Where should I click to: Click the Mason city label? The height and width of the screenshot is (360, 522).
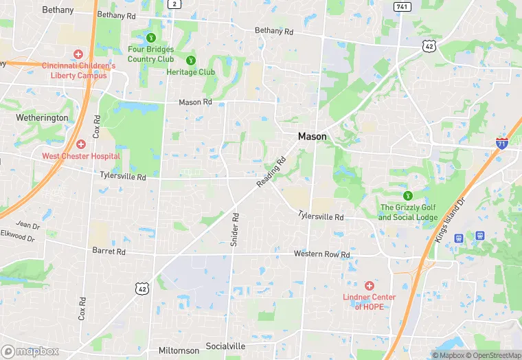tap(312, 137)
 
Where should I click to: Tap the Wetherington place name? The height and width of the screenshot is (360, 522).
tap(42, 117)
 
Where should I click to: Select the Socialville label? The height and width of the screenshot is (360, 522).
tap(225, 346)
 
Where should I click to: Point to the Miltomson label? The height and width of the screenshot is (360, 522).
tap(179, 350)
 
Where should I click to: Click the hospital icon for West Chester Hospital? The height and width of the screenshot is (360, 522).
tap(81, 144)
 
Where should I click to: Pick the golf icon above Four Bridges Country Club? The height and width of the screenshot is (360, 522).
tap(151, 37)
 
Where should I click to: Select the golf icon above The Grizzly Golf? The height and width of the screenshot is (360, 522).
tap(408, 196)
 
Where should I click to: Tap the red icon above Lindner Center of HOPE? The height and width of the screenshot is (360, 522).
tap(369, 285)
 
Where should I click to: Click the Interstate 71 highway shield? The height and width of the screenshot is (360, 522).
tap(502, 143)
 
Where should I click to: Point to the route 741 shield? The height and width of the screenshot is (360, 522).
tap(402, 6)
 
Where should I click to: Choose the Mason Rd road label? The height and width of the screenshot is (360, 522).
tap(195, 102)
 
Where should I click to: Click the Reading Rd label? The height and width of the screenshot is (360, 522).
tap(271, 173)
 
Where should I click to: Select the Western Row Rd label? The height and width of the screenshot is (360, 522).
tap(322, 254)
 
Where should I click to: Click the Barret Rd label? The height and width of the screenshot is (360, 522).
tap(109, 251)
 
